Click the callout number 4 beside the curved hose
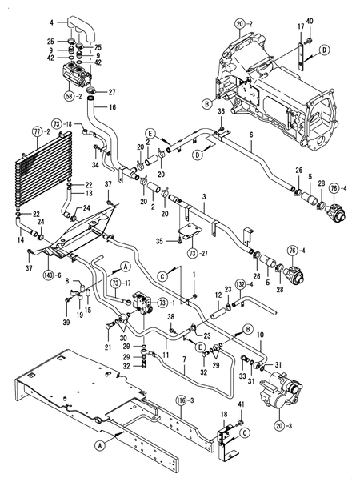(x=52, y=24)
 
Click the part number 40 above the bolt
(x=310, y=19)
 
